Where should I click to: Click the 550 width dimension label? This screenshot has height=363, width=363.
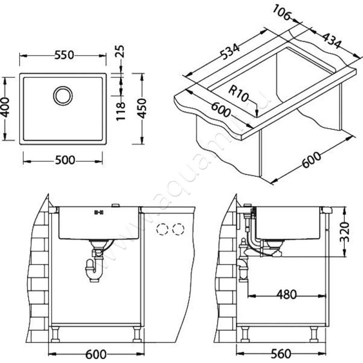[64, 55]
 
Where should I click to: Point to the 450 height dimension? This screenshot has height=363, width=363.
[142, 108]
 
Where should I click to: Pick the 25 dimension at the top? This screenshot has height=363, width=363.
[120, 51]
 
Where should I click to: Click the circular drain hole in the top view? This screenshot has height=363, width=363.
[63, 96]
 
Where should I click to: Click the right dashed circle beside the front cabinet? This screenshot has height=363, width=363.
[178, 230]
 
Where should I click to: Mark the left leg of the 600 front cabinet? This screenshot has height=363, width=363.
[55, 334]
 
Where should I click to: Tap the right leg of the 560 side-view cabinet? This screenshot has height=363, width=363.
[314, 334]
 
